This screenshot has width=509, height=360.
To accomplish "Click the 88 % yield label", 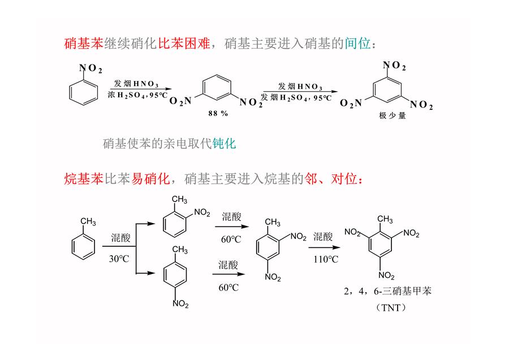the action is [x=218, y=113].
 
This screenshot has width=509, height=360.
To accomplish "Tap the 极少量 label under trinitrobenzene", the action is [x=392, y=115].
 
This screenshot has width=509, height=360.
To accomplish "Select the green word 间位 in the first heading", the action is [x=358, y=44].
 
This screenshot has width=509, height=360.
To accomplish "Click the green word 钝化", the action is [x=224, y=143].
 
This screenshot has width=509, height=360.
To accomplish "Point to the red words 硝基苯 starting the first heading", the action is [x=84, y=44].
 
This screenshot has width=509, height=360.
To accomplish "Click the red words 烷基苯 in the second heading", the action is [x=84, y=179].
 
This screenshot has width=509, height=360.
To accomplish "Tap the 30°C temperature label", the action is [x=119, y=259].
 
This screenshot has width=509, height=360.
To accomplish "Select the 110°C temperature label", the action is [x=326, y=259].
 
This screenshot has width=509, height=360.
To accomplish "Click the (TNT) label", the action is [x=391, y=307].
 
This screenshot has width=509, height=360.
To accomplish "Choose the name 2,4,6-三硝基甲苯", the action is [x=387, y=291].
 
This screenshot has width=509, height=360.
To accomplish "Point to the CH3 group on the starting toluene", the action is [x=88, y=222].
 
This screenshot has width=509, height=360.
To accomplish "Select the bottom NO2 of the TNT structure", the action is [x=386, y=276].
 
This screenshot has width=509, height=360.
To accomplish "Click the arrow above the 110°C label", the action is [x=324, y=247].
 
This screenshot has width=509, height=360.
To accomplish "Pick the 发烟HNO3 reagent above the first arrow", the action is [x=136, y=84].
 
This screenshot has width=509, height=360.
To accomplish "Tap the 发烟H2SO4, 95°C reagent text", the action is [x=296, y=97].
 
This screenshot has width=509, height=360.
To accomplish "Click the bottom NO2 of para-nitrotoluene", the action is [x=180, y=304].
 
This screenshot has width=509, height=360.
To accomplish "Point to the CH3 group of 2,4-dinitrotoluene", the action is [x=273, y=222].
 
